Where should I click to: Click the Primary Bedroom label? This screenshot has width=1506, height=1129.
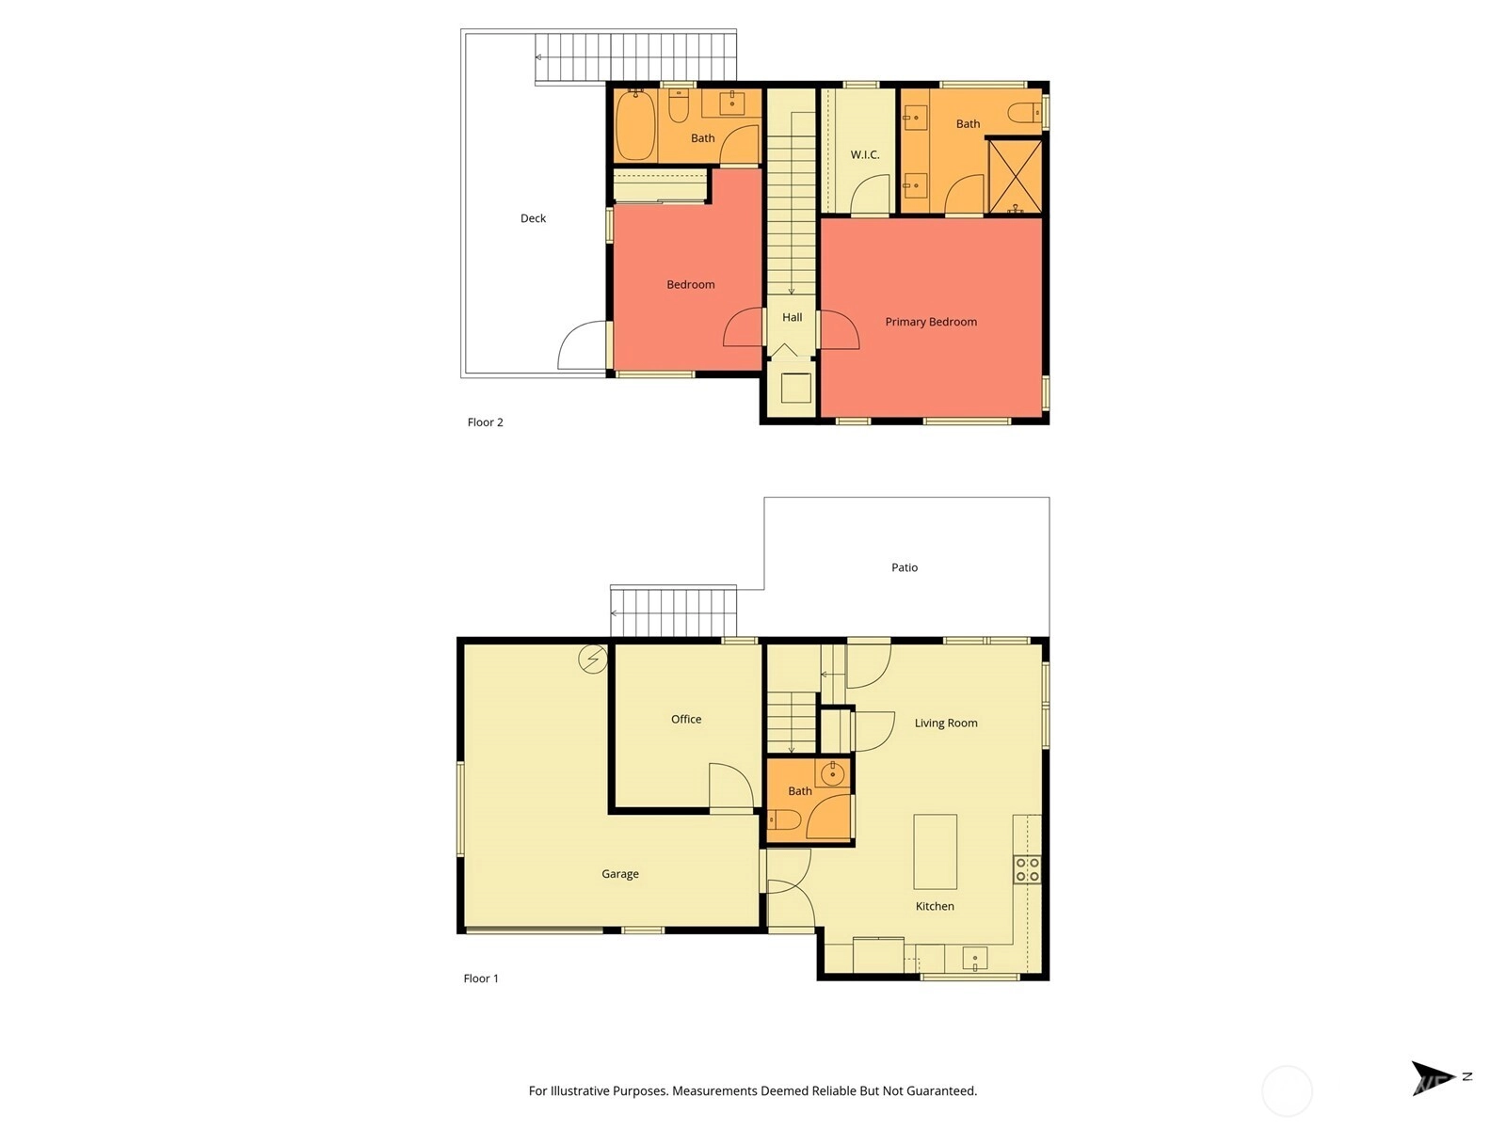(930, 322)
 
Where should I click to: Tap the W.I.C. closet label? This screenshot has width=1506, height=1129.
(864, 155)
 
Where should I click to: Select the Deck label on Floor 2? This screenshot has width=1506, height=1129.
(533, 218)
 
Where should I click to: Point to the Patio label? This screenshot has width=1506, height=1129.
(905, 567)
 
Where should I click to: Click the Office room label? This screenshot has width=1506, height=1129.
(686, 719)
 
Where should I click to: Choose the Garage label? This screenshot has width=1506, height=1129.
(620, 874)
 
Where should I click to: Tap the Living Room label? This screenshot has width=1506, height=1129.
(945, 724)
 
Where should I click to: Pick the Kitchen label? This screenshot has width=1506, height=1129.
(935, 906)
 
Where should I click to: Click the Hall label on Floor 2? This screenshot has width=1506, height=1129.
(792, 317)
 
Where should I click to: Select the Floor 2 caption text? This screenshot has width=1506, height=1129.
(485, 422)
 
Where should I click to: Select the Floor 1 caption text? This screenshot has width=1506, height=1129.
(480, 978)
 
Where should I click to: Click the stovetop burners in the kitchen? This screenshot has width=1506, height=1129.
(1027, 869)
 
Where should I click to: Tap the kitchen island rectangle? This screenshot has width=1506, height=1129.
(936, 851)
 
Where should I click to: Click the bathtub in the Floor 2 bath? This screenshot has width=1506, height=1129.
(635, 126)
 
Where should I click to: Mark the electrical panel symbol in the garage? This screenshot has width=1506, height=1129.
(593, 660)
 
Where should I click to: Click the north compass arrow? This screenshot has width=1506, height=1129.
(1433, 1078)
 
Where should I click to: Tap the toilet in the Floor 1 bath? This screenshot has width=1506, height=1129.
(784, 819)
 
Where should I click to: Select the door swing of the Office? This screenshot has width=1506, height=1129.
(731, 786)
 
